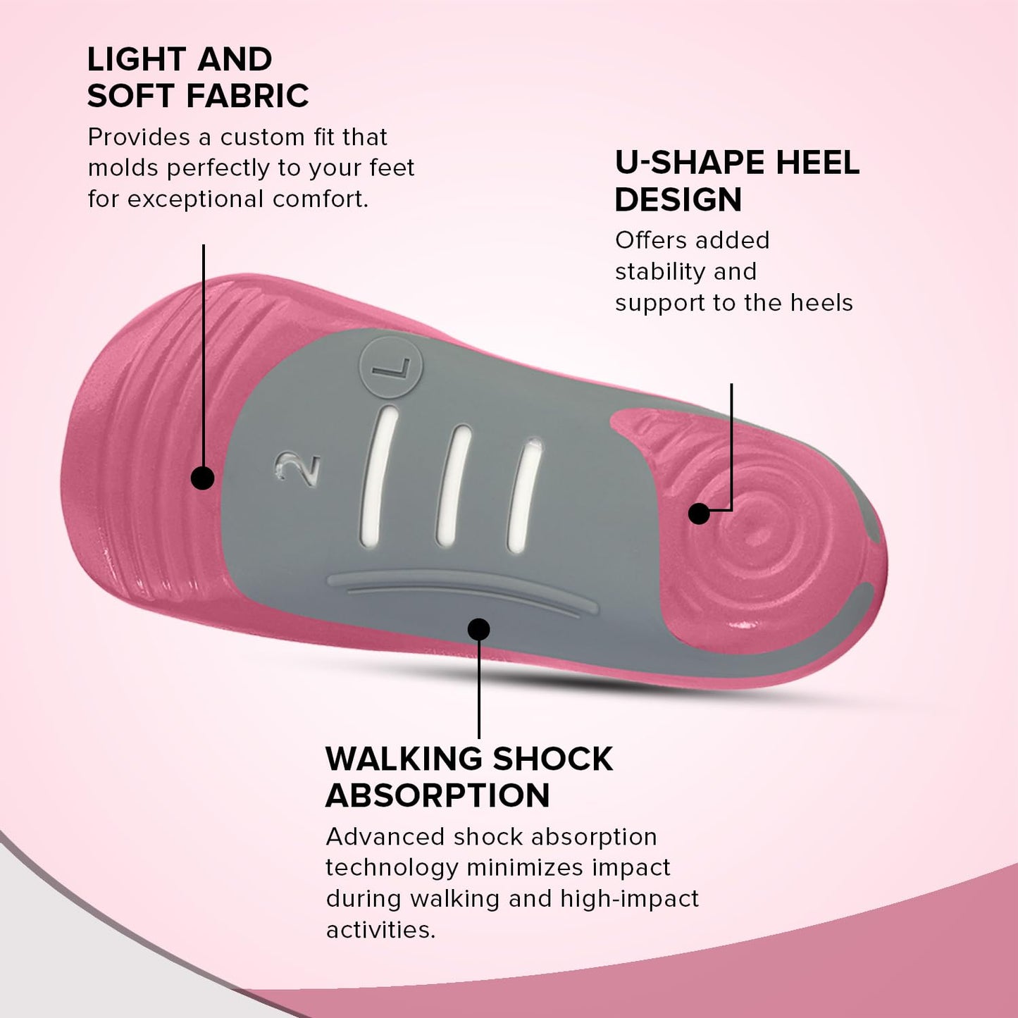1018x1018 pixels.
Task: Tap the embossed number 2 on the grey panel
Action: click(x=297, y=466)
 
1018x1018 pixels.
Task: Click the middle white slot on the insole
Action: click(x=453, y=485)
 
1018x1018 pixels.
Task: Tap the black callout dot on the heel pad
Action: click(x=699, y=514)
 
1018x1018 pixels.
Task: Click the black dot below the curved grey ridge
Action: click(x=478, y=629)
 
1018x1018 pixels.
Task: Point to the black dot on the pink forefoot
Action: click(x=202, y=478)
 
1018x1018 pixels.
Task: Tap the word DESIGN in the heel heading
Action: click(x=678, y=199)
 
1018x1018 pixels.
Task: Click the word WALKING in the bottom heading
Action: click(x=404, y=759)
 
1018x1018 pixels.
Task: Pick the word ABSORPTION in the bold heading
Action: click(x=437, y=795)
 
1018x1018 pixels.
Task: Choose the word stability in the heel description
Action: click(x=660, y=271)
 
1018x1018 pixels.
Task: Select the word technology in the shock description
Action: click(x=392, y=869)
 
